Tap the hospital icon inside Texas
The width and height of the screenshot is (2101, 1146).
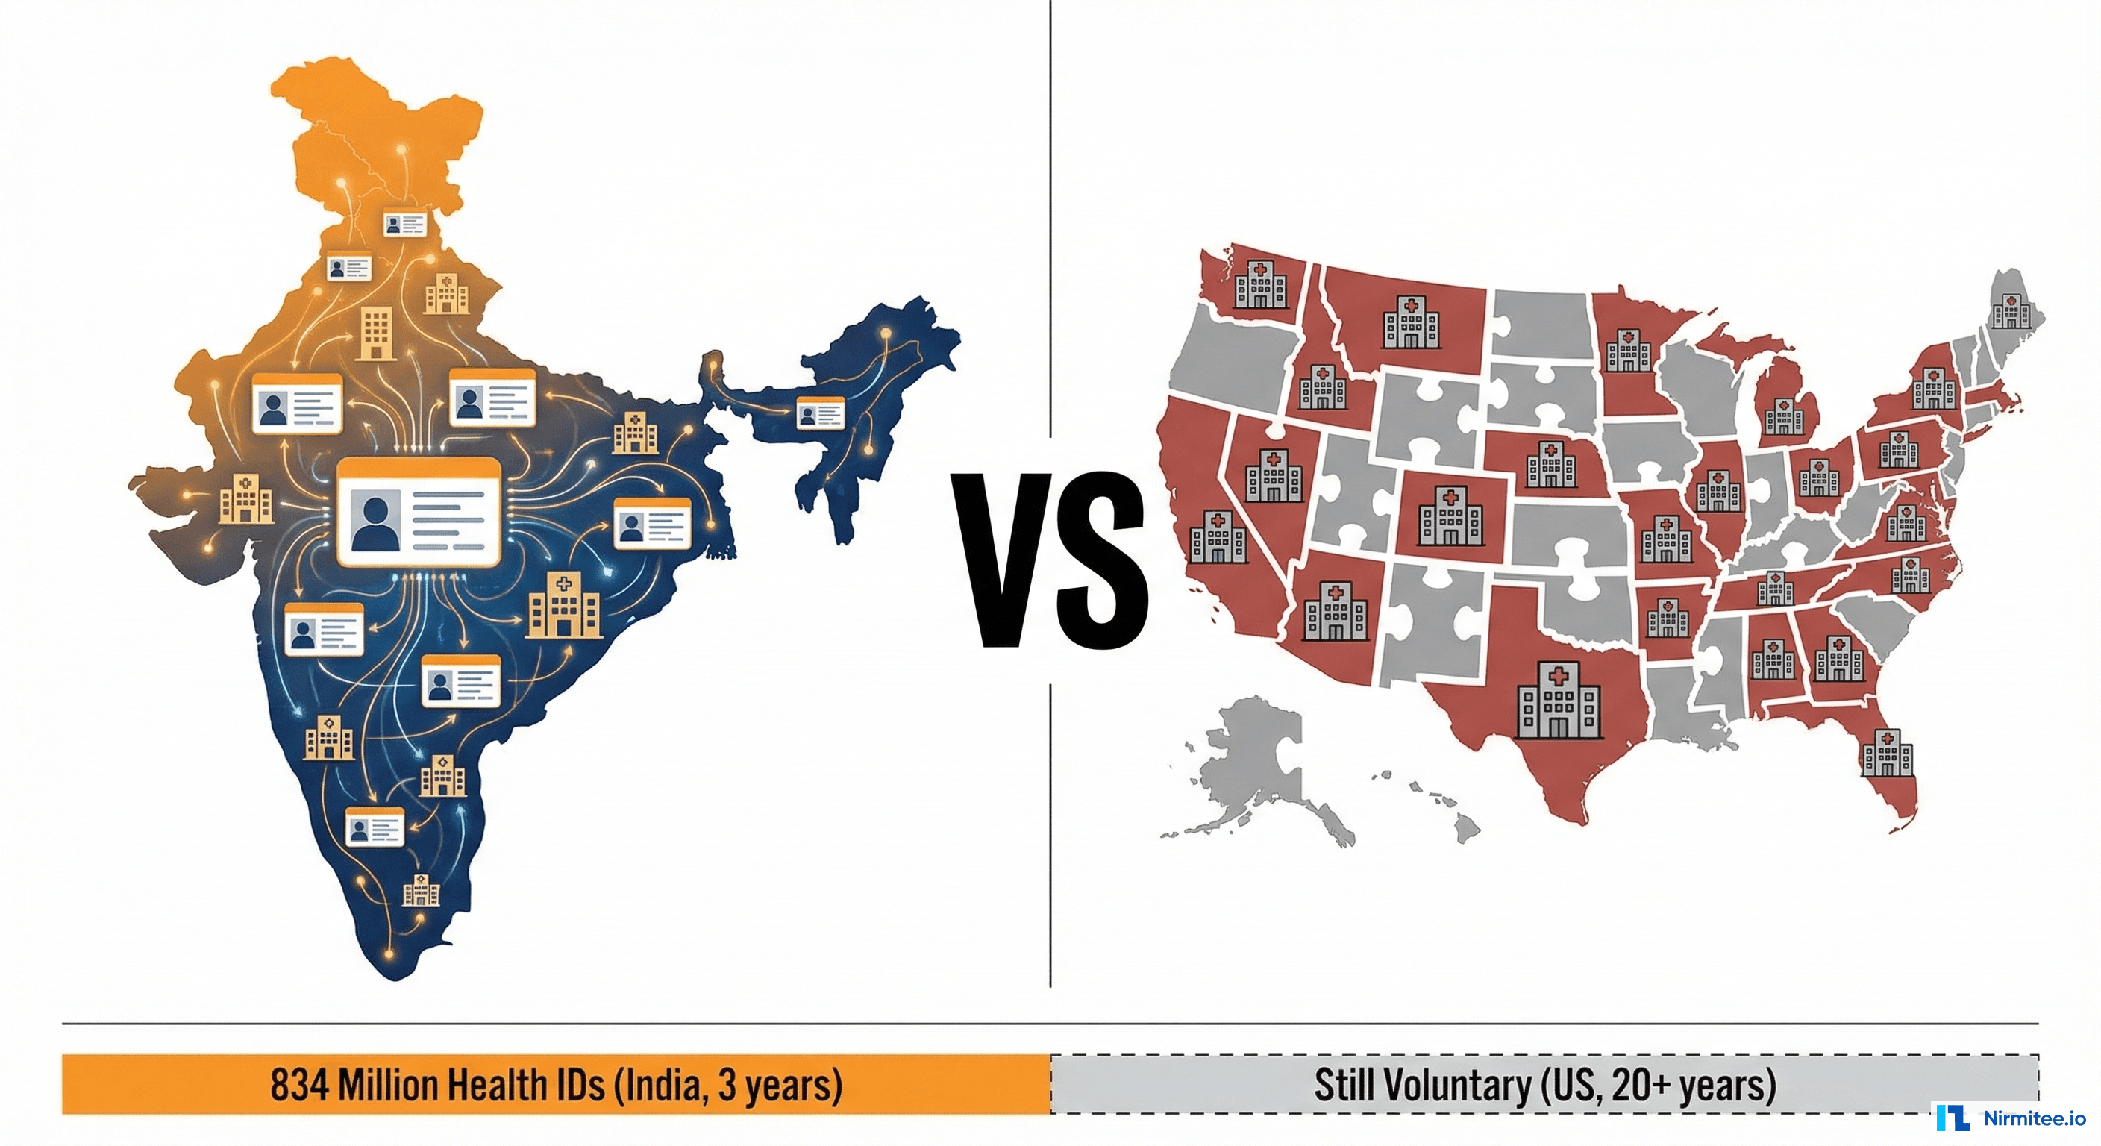click(x=1558, y=701)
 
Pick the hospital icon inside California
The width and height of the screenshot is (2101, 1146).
click(x=1217, y=537)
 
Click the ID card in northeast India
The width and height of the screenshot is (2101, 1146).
click(x=820, y=413)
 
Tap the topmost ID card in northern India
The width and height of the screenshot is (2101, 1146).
click(x=405, y=224)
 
